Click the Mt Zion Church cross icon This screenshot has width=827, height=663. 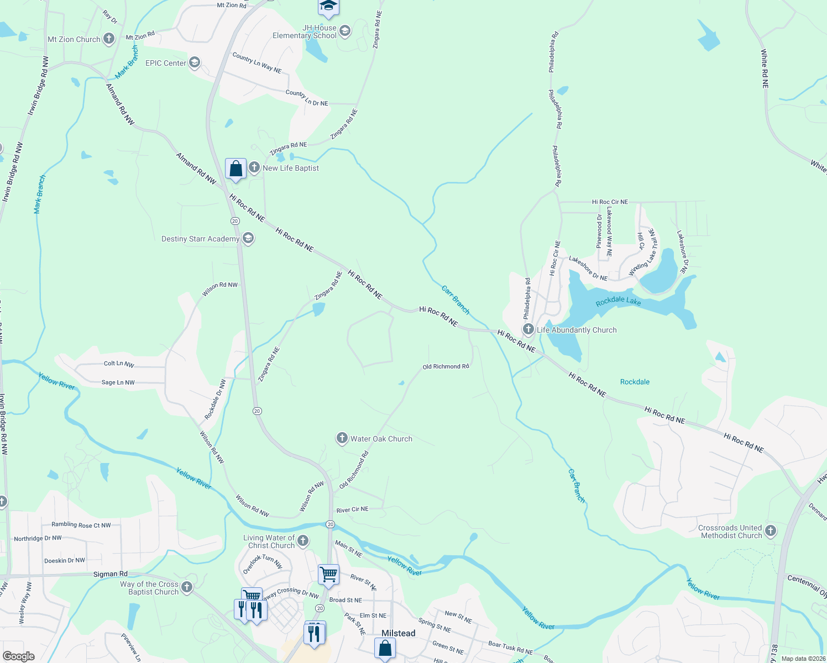pyautogui.click(x=109, y=39)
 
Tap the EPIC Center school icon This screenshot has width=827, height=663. pyautogui.click(x=195, y=62)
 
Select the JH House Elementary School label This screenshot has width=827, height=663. pyautogui.click(x=305, y=31)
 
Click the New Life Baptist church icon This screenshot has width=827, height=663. pyautogui.click(x=254, y=167)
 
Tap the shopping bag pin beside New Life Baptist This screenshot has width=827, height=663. pyautogui.click(x=235, y=169)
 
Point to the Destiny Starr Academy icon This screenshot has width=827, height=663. pyautogui.click(x=248, y=238)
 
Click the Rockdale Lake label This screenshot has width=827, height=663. pyautogui.click(x=619, y=301)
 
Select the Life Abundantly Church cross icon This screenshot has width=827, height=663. pyautogui.click(x=528, y=330)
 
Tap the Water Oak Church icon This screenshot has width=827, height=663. pyautogui.click(x=342, y=439)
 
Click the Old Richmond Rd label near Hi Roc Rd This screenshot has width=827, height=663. pyautogui.click(x=446, y=366)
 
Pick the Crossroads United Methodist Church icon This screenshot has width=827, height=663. pyautogui.click(x=770, y=532)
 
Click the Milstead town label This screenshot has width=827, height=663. pyautogui.click(x=398, y=633)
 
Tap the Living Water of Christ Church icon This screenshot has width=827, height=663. pyautogui.click(x=303, y=541)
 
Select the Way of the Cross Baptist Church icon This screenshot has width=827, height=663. pyautogui.click(x=187, y=587)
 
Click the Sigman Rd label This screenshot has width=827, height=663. pyautogui.click(x=110, y=574)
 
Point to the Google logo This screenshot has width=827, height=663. pyautogui.click(x=19, y=656)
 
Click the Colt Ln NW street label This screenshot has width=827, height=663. pyautogui.click(x=119, y=364)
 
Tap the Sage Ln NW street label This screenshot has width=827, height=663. pyautogui.click(x=118, y=382)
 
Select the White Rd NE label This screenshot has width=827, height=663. pyautogui.click(x=765, y=69)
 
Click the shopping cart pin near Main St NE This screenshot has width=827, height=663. pyautogui.click(x=329, y=574)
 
